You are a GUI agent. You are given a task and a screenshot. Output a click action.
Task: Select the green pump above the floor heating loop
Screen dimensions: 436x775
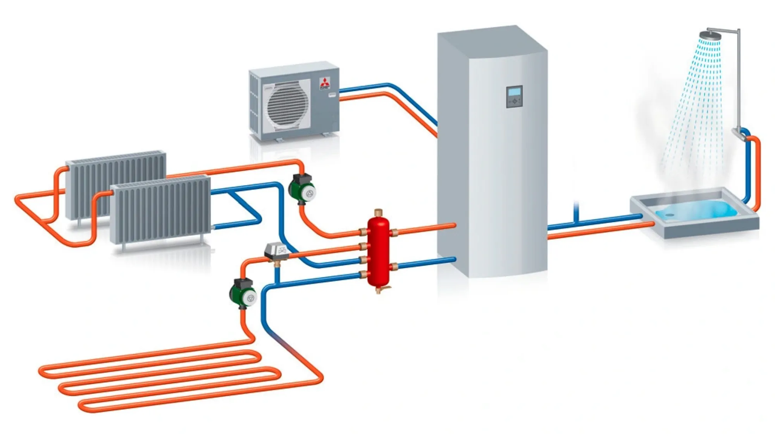(243, 293)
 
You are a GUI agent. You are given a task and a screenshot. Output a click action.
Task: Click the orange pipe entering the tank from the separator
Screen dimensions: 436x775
(426, 229)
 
